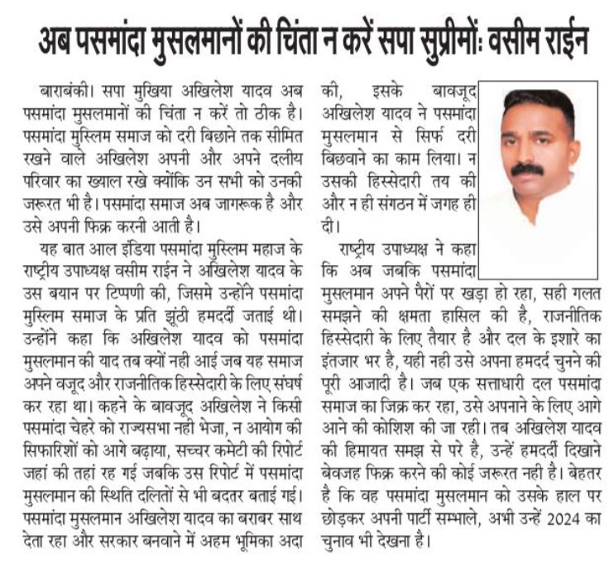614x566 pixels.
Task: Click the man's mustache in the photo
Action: pos(527,169)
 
